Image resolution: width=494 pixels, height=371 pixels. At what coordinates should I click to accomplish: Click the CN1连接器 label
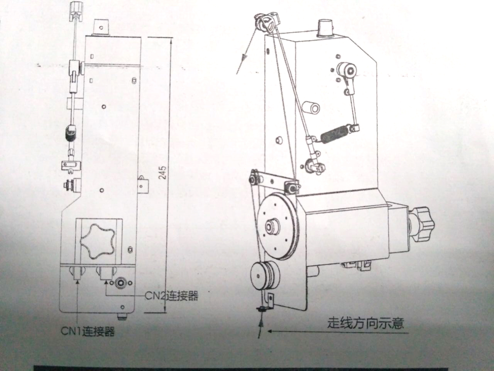click(88, 332)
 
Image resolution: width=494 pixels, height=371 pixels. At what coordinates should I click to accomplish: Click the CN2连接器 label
click(172, 296)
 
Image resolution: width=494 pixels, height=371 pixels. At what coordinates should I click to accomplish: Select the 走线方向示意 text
click(365, 322)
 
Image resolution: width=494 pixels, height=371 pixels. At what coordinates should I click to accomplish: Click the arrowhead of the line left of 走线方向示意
click(271, 331)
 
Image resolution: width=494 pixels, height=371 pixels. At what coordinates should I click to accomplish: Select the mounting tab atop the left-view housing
click(102, 27)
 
